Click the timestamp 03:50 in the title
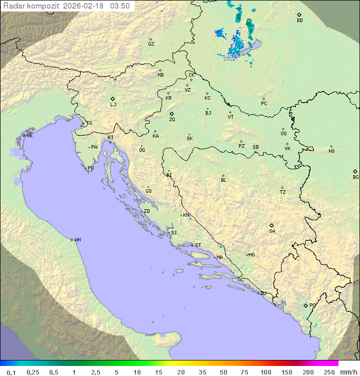pos(120,6)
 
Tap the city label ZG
pos(172,120)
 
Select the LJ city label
pos(113,105)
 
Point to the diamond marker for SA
pos(272,225)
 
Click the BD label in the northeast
pos(299,21)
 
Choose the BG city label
pos(355,177)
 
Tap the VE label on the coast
pos(29,136)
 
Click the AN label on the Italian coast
pos(77,240)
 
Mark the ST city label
pos(198,245)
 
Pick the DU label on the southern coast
pos(262,293)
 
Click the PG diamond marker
pos(305,305)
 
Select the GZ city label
pos(151,44)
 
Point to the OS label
pos(283,134)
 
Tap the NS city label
pos(331,151)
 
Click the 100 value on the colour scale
pos(265,372)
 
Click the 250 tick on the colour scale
pos(329,372)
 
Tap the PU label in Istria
pos(90,168)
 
